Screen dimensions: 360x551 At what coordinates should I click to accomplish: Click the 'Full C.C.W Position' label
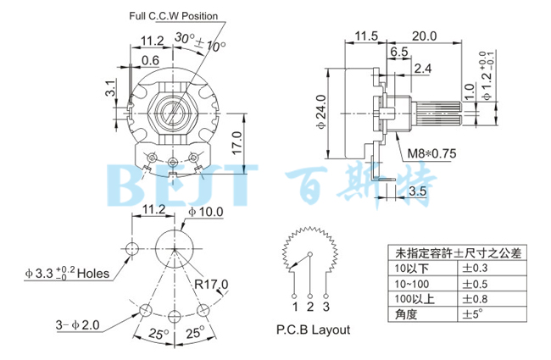[174, 16]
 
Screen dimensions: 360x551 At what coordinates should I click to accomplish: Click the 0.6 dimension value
[150, 59]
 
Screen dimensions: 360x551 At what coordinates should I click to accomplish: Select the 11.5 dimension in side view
[365, 36]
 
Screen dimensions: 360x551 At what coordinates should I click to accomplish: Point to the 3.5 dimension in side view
[417, 191]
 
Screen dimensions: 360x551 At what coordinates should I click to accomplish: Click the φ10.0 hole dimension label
[205, 211]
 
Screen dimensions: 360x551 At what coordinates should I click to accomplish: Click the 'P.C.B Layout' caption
[312, 330]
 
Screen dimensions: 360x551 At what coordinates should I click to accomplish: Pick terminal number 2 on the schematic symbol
[311, 305]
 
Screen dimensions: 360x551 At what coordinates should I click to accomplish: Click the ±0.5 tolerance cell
[476, 283]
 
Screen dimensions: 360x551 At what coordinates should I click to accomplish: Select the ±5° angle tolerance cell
[473, 313]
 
